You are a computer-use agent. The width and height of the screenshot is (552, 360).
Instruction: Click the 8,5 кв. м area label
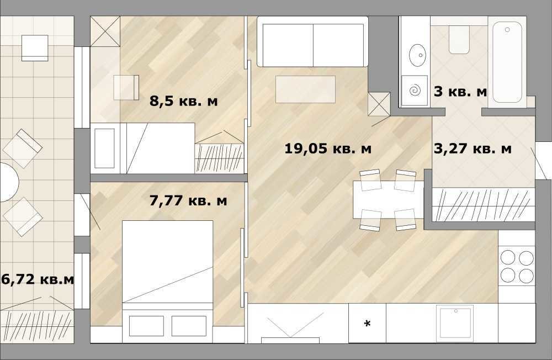point(184,101)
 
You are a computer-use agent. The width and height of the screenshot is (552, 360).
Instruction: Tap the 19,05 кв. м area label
point(328,149)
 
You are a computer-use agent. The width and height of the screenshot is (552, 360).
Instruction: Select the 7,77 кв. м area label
point(188,201)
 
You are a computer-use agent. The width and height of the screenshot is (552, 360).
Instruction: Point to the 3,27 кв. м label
point(473,149)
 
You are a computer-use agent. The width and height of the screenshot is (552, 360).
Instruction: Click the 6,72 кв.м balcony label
point(38,279)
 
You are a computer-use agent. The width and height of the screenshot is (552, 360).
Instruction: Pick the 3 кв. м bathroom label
point(460,92)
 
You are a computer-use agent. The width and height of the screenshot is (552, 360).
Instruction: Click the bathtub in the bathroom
point(507,62)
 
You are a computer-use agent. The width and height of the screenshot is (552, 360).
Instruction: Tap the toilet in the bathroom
point(459,39)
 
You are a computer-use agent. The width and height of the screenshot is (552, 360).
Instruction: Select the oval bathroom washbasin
point(418,55)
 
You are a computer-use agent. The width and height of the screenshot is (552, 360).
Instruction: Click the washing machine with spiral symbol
point(415,90)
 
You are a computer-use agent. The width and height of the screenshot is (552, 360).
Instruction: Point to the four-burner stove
point(517,266)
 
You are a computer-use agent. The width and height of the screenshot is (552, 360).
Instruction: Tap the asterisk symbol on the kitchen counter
point(367,324)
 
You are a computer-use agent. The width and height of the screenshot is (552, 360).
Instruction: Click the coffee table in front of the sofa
point(305,89)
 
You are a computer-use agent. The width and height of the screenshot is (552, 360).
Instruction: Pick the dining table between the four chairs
point(389,199)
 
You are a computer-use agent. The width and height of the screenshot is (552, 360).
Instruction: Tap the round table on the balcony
point(9,182)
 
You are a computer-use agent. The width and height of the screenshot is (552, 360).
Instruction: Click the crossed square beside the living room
point(379,104)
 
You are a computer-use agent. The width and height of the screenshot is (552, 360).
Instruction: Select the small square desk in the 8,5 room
point(126,87)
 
